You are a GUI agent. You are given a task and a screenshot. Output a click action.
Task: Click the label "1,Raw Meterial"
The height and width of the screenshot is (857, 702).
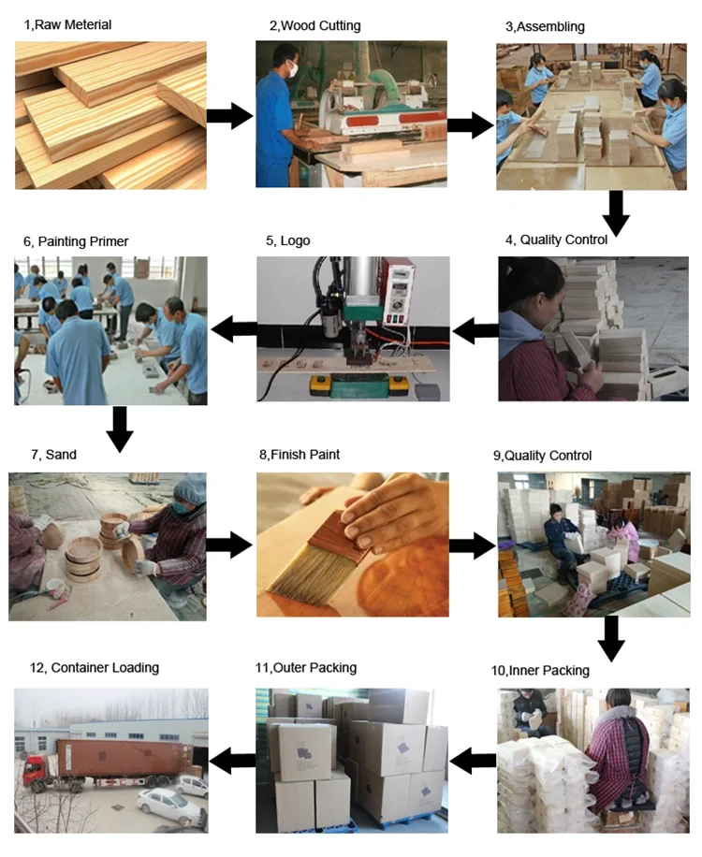(x=67, y=24)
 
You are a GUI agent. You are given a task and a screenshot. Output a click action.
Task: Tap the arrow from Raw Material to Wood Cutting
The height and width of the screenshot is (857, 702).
(x=229, y=116)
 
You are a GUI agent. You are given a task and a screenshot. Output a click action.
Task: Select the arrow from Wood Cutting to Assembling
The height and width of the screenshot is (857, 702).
(x=470, y=125)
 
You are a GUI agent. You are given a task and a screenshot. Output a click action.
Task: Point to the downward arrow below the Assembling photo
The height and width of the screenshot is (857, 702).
(x=615, y=212)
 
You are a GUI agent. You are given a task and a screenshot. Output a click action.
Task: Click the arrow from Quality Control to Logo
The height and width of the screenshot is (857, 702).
(x=475, y=330)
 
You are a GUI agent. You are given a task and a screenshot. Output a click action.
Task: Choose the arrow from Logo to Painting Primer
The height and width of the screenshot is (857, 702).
(x=234, y=329)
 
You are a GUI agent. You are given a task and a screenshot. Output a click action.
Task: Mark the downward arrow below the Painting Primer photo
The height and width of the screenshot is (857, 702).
(x=120, y=428)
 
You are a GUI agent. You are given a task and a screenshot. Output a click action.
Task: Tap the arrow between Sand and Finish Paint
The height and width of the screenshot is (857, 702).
(x=229, y=545)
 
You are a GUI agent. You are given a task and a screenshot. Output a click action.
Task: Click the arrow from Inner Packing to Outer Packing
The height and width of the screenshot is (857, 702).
(x=473, y=762)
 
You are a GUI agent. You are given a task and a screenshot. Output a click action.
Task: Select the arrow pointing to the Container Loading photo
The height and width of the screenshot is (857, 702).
(x=232, y=760)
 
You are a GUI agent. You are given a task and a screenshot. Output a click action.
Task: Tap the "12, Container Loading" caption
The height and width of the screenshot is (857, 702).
(x=94, y=668)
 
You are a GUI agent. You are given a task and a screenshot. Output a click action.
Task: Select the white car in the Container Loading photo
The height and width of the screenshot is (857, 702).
(x=168, y=801)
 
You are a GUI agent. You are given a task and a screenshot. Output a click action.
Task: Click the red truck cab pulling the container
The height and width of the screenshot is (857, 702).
(x=35, y=768)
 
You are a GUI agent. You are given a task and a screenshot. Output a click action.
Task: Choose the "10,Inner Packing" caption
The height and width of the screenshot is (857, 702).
(x=540, y=670)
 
